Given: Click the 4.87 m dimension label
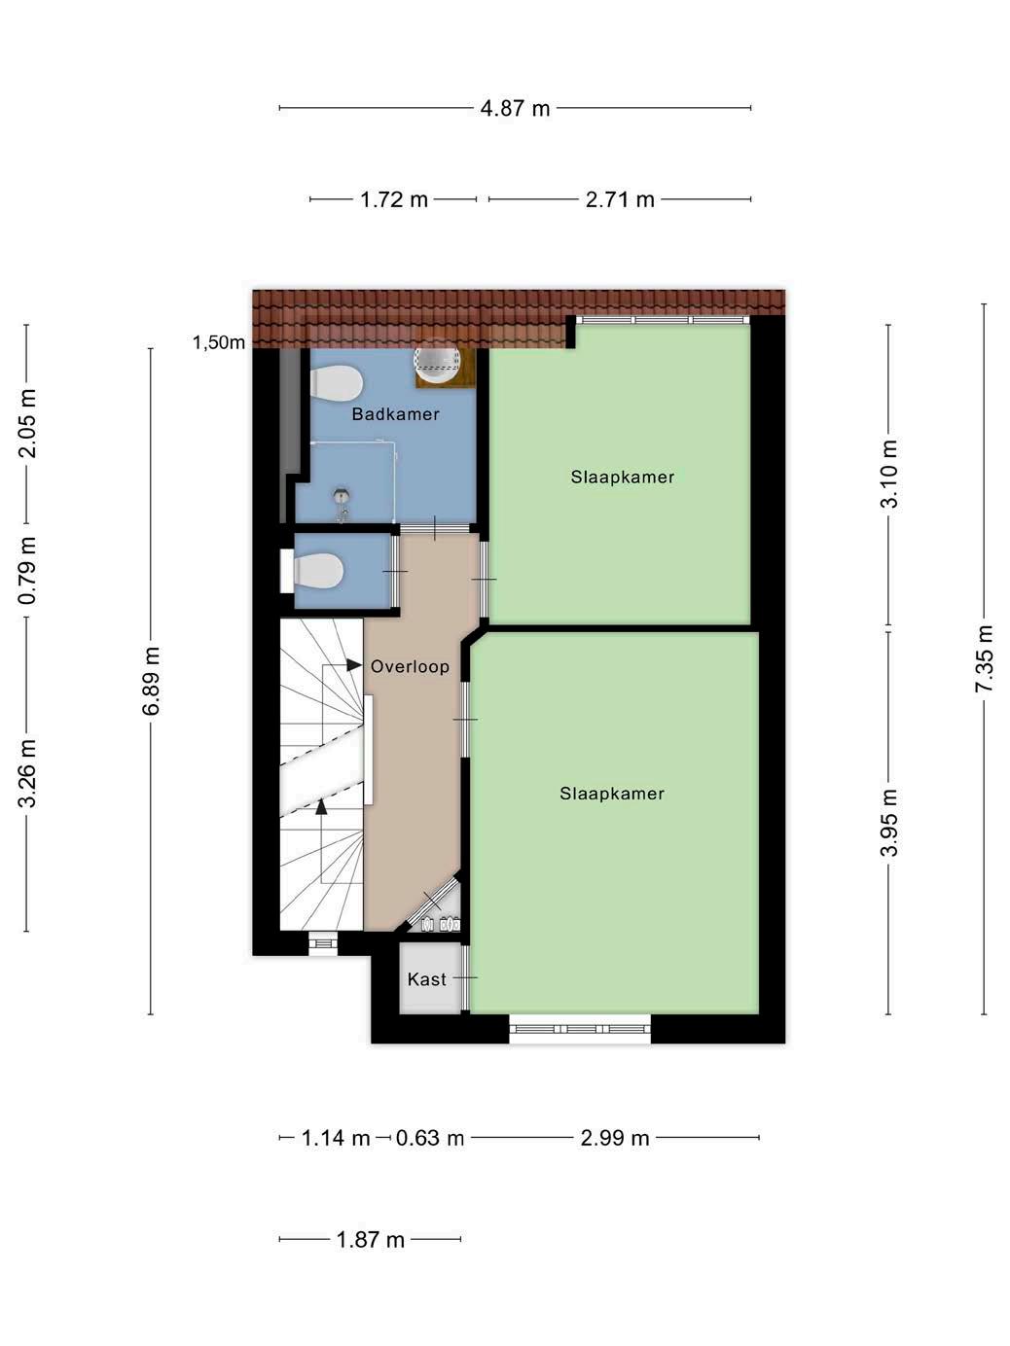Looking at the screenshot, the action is [515, 109].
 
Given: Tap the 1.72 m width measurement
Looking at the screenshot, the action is [393, 199].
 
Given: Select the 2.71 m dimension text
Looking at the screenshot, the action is [620, 199].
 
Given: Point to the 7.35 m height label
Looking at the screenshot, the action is [983, 658].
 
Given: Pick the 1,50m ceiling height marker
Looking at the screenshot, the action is [219, 342].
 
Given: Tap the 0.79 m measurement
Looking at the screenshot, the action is [26, 570].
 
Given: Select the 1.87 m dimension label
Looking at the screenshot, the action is [371, 1239].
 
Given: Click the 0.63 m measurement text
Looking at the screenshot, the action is [429, 1138].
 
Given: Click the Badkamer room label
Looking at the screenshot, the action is [396, 414].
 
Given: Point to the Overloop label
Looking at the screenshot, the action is [410, 666].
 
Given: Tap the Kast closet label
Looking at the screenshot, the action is [427, 979].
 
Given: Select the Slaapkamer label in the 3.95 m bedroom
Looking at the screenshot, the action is [612, 794].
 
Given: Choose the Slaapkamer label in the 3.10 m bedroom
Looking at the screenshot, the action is [623, 478].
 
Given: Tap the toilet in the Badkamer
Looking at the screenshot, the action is [336, 384].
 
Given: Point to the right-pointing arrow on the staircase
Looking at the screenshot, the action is [354, 664].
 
